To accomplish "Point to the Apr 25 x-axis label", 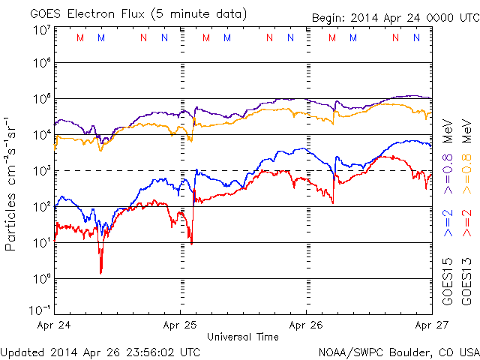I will click(180, 325).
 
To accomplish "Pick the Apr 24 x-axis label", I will click(54, 325).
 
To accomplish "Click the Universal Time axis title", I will click(243, 337).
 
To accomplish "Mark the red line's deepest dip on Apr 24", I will click(100, 271).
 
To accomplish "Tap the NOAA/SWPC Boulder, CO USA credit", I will click(398, 351).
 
